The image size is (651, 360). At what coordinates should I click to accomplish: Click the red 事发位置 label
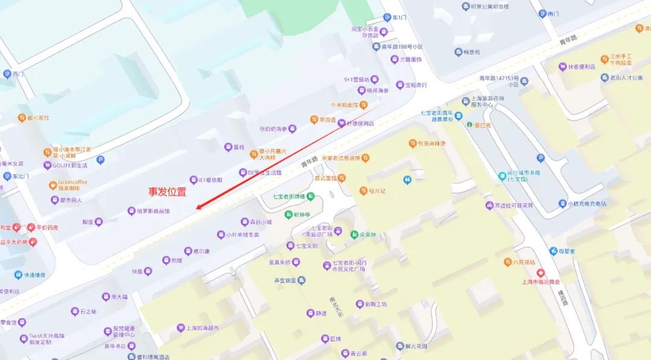pos(168,192)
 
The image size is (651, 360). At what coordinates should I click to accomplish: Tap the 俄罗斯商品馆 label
pos(153,211)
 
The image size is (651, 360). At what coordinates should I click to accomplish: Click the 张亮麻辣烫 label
pos(432,144)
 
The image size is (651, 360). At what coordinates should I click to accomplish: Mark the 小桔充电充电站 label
pos(587,204)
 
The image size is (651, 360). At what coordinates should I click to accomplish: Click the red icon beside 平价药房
pos(31,227)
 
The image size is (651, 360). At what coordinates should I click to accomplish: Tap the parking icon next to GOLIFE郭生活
pos(101,160)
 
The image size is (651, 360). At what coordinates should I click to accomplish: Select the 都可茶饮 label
pos(38,118)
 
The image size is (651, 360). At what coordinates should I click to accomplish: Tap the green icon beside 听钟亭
pos(289,215)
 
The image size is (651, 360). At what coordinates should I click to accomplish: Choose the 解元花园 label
pos(416,346)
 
